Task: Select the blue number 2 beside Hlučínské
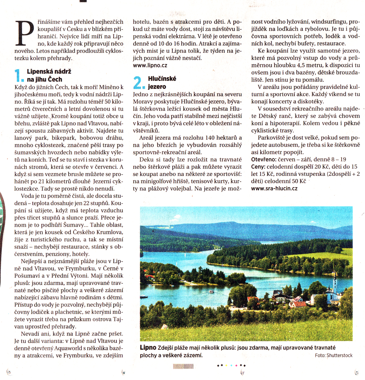[x=139, y=83]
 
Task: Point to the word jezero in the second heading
[x=157, y=87]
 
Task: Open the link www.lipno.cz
[x=150, y=65]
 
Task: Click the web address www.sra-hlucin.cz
[x=274, y=188]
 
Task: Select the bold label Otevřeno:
[x=264, y=159]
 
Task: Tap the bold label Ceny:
[x=258, y=166]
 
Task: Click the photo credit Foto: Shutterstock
[x=334, y=355]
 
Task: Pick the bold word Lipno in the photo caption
[x=148, y=348]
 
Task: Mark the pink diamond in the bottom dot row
[x=236, y=365]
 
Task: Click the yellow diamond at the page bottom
[x=226, y=365]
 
